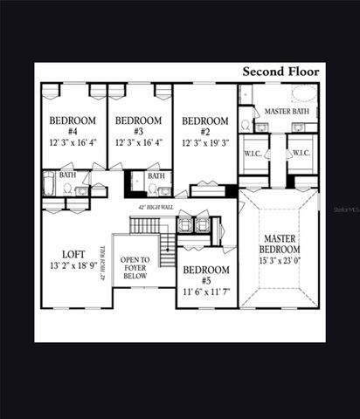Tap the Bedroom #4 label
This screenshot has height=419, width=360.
[73, 120]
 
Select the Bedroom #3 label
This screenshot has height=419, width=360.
[140, 120]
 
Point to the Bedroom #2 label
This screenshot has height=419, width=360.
[205, 120]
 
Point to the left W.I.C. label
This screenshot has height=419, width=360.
[253, 153]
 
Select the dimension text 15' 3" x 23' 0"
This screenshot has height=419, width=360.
[280, 259]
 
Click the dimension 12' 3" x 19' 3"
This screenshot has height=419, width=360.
[205, 142]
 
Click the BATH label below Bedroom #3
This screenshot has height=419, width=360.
[156, 175]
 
